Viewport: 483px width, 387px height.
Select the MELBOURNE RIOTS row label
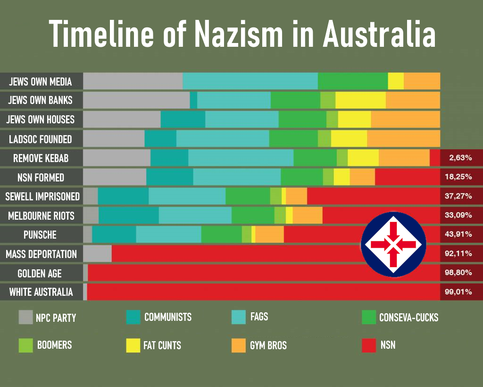41,216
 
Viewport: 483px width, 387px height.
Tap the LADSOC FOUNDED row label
41,139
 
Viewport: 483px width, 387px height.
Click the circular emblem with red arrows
393,244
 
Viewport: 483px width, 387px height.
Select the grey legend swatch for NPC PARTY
25,317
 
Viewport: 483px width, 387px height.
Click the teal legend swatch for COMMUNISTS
133,317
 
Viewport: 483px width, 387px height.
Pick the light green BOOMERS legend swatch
25,345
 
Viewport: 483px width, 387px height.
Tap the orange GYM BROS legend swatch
239,345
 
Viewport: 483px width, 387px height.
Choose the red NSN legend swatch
369,345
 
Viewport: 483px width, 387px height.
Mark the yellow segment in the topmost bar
396,81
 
